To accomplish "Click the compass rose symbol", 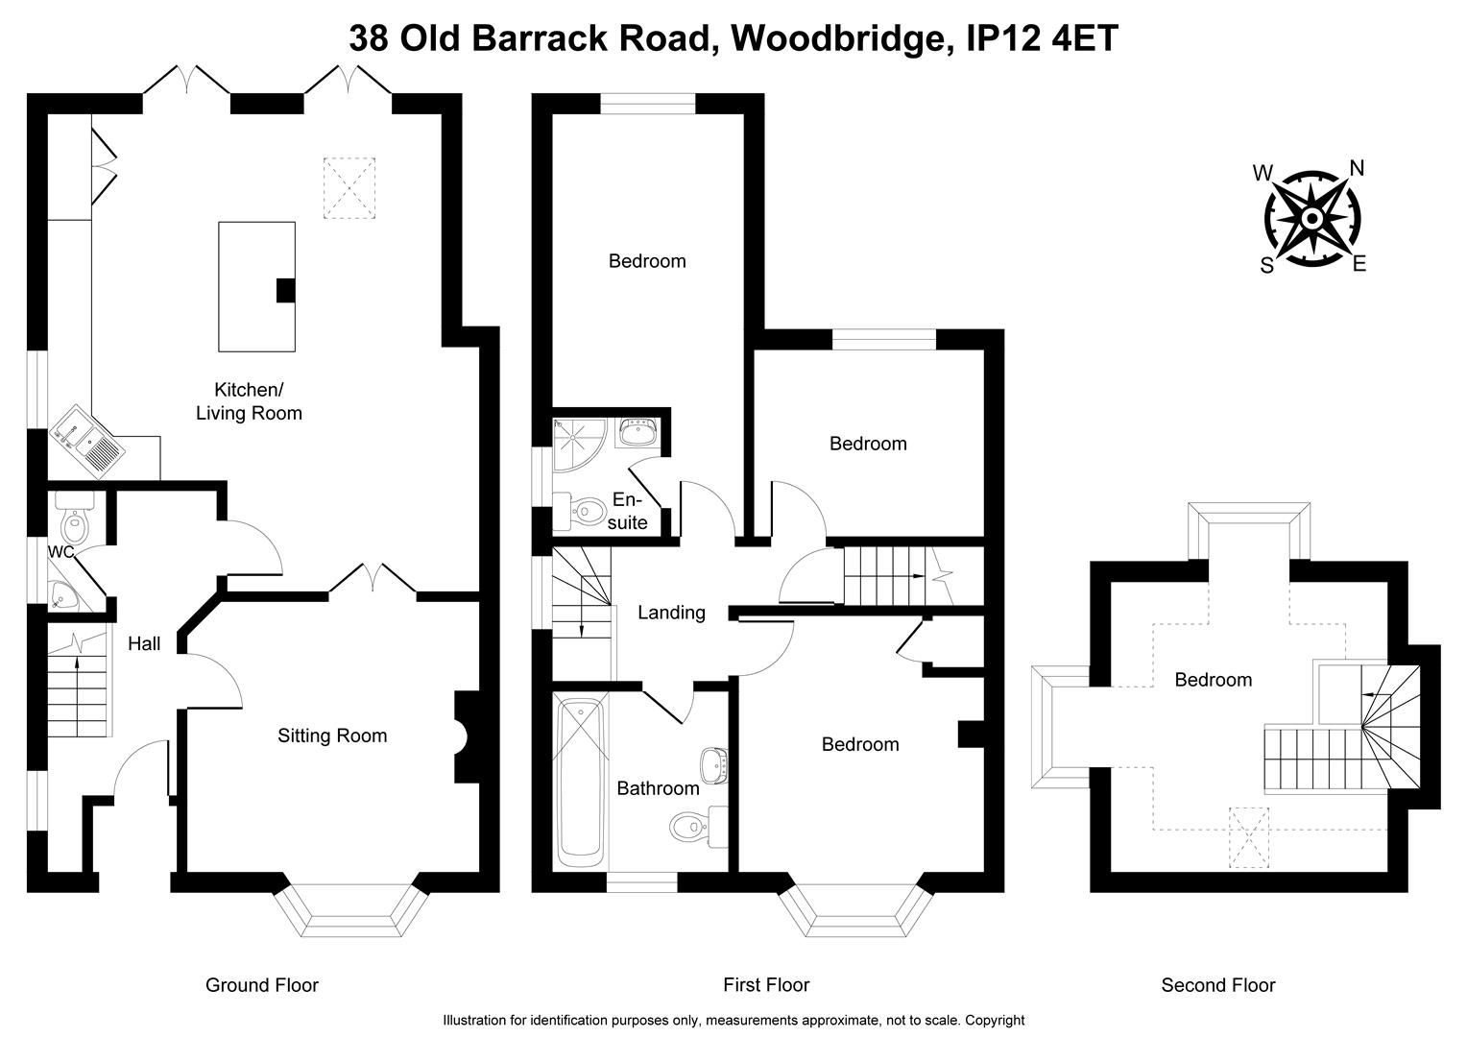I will click(x=1311, y=219).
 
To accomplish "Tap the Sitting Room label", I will click(x=332, y=736).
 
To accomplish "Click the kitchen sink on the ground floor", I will click(x=87, y=441).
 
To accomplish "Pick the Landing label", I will click(x=671, y=613).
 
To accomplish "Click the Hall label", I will click(x=144, y=644).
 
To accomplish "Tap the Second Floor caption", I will click(x=1217, y=985).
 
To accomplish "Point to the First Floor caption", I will click(x=766, y=985).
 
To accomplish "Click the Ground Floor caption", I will click(x=262, y=985).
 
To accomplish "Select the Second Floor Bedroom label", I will click(x=1214, y=681).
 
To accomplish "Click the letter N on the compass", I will click(x=1357, y=169).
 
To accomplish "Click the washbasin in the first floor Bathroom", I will click(x=713, y=764).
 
